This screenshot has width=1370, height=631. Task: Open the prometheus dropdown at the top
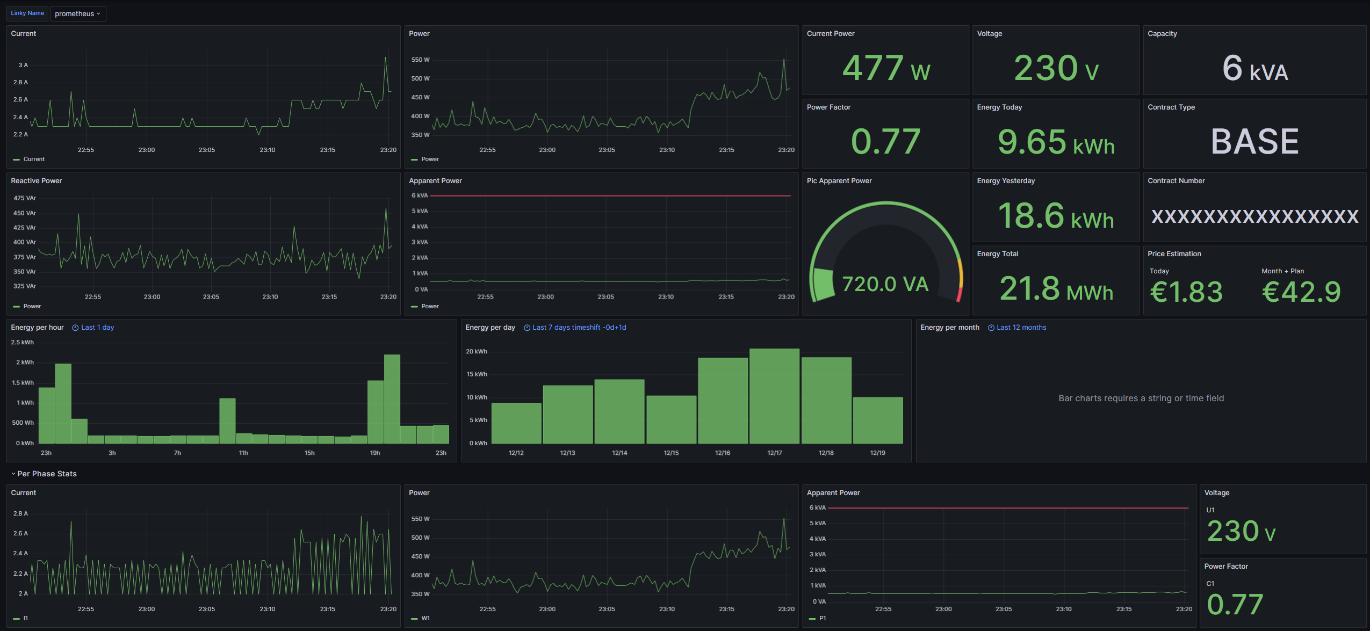pos(77,13)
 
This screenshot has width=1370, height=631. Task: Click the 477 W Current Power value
pos(885,68)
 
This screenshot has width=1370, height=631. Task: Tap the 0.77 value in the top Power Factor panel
pos(885,142)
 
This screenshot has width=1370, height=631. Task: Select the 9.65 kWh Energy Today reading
pos(1055,142)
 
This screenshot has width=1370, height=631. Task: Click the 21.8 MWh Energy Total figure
pos(1056,289)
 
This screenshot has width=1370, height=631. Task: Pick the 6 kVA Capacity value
pos(1254,69)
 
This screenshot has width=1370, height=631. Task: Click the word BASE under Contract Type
pos(1254,142)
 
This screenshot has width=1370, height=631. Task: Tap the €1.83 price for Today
pos(1186,292)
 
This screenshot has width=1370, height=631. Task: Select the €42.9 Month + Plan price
pos(1301,292)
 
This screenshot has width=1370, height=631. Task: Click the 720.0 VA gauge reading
pos(885,284)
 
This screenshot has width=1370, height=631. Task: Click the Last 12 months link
pos(1021,328)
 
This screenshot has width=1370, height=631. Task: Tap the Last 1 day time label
pos(97,328)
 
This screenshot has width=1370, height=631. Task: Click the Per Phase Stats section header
pos(47,474)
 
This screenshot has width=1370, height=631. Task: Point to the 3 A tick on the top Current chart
pos(23,65)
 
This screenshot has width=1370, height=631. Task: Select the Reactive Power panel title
pos(37,181)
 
